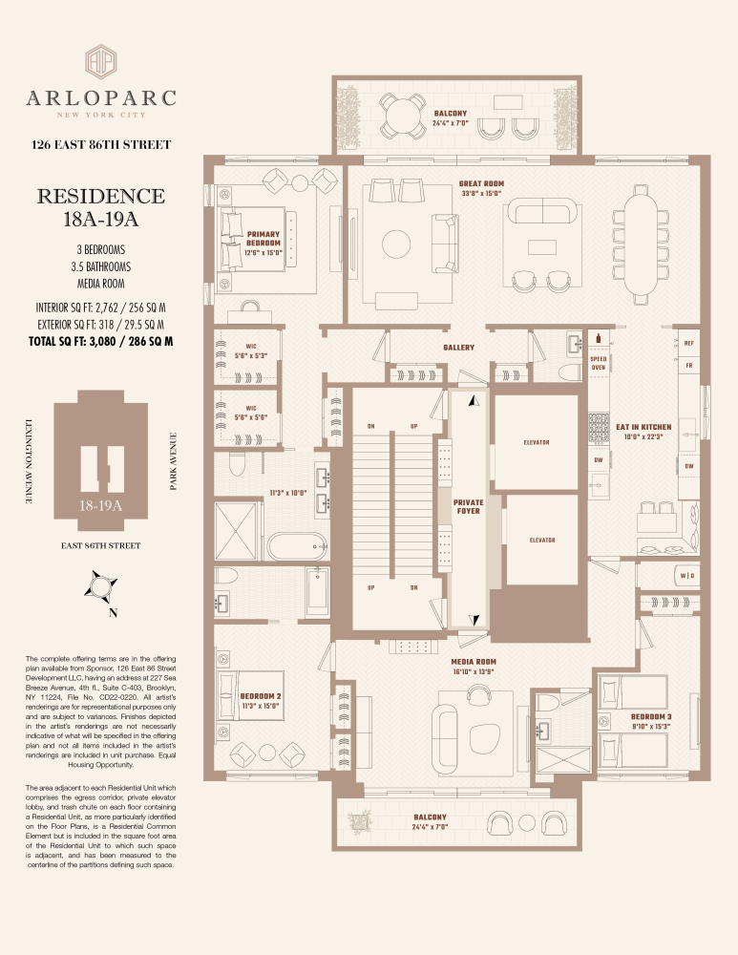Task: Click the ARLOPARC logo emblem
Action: click(x=101, y=59)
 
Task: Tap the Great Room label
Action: click(x=481, y=184)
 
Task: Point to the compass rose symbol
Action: click(x=101, y=583)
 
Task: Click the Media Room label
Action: click(x=474, y=661)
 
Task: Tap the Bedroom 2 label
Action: click(x=261, y=695)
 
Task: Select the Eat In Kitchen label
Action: click(x=643, y=427)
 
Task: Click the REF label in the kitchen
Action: click(x=688, y=342)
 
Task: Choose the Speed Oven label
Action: click(x=599, y=363)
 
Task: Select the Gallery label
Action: click(x=459, y=348)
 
